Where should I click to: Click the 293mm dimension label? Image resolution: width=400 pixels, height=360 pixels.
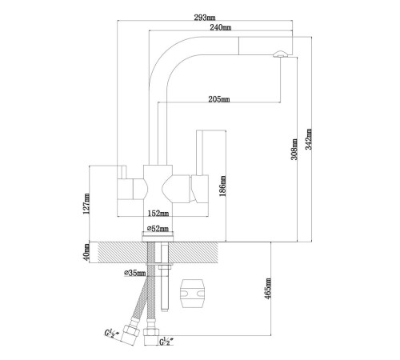[x=205, y=18]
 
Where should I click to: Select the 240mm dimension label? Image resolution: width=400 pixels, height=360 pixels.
[x=221, y=27]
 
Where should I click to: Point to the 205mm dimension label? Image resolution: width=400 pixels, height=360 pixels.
[x=219, y=99]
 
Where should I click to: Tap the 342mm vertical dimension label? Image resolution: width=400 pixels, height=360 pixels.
[x=309, y=139]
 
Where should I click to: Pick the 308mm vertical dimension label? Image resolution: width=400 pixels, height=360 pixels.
[x=294, y=149]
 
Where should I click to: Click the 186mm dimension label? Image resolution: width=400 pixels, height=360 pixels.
[x=222, y=186]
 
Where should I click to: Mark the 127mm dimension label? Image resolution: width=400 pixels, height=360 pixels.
[x=86, y=204]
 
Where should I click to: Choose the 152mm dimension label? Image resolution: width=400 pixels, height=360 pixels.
[x=158, y=214]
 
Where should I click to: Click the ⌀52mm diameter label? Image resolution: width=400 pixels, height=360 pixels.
[x=158, y=229]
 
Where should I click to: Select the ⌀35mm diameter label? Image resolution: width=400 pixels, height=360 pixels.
[x=135, y=273]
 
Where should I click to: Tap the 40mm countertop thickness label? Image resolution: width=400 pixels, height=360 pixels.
[x=86, y=253]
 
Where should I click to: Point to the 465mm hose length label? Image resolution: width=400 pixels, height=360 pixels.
[x=268, y=289]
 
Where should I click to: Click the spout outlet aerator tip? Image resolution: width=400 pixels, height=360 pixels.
[x=280, y=54]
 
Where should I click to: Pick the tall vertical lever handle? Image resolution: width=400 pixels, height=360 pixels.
[x=200, y=153]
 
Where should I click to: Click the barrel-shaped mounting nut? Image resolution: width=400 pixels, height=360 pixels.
[x=193, y=294]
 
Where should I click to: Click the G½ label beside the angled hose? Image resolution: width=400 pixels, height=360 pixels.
[x=110, y=334]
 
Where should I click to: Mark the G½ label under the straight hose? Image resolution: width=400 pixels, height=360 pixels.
[x=166, y=341]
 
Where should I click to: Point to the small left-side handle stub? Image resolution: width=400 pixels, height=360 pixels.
[x=122, y=172]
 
